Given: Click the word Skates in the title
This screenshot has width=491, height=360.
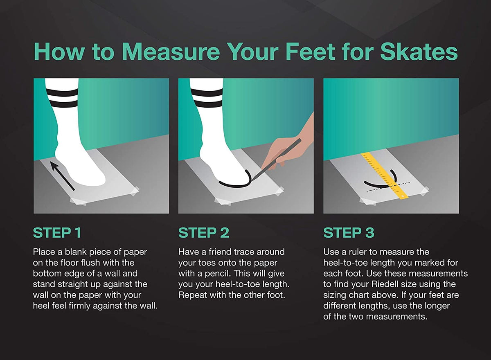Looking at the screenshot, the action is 419,52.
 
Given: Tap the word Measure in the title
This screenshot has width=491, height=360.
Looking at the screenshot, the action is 171,52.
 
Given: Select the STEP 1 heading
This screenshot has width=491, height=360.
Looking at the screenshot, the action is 57,233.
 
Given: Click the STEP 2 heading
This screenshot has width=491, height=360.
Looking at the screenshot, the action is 204,233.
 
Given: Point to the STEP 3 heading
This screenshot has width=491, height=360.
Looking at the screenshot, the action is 349,233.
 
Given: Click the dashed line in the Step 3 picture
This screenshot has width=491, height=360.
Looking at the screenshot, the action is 388,187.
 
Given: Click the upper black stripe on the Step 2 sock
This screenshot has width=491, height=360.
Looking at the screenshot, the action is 207,93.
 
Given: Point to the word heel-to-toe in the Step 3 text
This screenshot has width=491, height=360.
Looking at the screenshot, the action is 345,263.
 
